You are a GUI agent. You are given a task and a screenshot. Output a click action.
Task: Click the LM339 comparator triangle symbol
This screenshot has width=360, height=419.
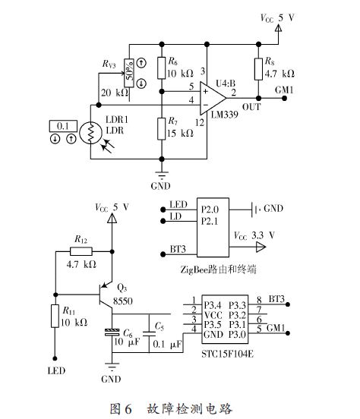pos(213,98)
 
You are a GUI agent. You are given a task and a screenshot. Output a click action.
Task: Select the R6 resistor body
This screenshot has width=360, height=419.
pos(161,68)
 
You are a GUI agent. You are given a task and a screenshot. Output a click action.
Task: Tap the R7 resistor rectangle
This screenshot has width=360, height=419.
pos(161,129)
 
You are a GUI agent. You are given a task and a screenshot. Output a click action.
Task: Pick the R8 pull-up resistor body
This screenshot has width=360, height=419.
pos(258,69)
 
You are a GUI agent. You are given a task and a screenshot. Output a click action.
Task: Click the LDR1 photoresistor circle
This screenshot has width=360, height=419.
pos(90,133)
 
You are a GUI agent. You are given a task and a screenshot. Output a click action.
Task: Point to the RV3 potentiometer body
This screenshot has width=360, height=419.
pos(129,73)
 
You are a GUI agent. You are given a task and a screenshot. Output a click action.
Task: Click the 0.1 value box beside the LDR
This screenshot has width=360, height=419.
pos(63,126)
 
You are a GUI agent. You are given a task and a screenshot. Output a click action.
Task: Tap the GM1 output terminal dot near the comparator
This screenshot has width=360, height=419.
pos(284,99)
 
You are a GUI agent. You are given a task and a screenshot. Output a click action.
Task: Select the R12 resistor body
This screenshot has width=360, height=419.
pos(81,251)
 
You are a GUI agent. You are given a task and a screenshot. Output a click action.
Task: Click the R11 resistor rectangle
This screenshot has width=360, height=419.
pos(55,316)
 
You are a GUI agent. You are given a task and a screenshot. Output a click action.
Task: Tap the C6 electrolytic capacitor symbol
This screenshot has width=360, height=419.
pos(112,332)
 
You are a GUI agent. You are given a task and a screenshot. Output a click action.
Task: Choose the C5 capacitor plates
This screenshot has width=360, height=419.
pos(149,333)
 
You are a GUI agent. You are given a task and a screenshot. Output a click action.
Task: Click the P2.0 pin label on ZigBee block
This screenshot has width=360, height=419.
pos(210,209)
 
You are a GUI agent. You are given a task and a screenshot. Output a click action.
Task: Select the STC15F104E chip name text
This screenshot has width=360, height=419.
pos(227,354)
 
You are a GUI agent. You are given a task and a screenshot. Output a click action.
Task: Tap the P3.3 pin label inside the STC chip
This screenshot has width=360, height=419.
pos(237,305)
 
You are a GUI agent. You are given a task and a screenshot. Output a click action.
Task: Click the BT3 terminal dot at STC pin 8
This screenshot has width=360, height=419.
pos(288,304)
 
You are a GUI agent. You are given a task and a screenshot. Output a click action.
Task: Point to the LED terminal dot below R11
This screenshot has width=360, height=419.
pos(55,358)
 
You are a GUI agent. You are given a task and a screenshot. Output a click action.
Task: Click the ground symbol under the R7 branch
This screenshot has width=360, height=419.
pos(162,175)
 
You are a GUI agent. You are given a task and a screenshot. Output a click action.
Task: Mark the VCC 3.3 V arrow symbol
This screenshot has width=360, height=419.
pos(261,247)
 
